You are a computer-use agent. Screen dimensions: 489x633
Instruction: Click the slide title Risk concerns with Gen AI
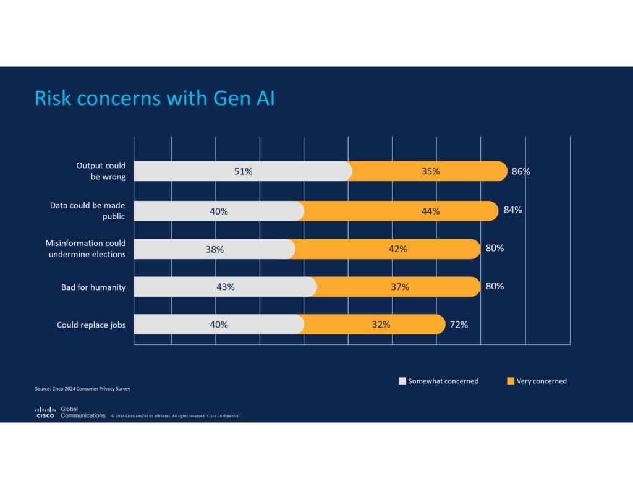(155, 98)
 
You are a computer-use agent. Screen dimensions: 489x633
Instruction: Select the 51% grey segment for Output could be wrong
(242, 171)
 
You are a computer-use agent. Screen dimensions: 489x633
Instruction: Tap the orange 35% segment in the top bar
(430, 171)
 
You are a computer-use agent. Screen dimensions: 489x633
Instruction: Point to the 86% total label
(520, 171)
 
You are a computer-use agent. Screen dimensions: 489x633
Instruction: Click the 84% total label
(512, 210)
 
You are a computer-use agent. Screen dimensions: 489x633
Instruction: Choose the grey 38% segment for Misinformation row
(214, 249)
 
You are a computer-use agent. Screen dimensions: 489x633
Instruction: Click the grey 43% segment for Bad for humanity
(225, 287)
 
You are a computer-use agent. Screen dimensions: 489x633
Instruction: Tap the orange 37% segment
(399, 287)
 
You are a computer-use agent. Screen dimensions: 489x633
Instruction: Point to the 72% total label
(459, 325)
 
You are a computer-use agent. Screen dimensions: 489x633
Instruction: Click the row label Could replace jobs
(91, 325)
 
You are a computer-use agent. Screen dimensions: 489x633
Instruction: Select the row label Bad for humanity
(93, 287)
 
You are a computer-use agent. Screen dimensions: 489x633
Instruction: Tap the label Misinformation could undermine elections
(85, 249)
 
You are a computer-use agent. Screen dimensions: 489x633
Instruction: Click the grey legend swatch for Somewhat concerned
(402, 381)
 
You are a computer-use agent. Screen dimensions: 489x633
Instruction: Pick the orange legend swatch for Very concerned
(510, 381)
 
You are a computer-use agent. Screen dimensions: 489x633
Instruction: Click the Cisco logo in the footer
(45, 412)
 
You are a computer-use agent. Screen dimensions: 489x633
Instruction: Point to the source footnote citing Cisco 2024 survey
(82, 389)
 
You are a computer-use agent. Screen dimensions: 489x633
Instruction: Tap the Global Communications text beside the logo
(83, 412)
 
